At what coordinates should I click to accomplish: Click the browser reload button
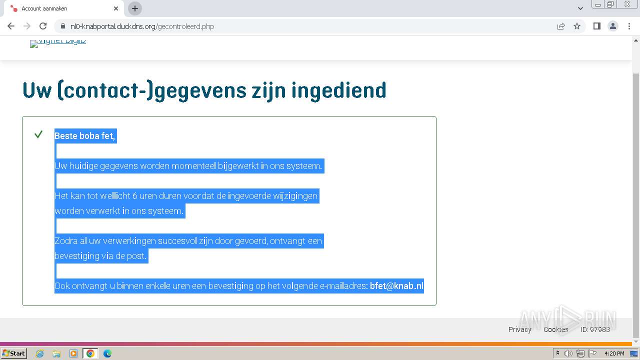coord(43,26)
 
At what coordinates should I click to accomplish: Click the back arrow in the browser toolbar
coord(11,26)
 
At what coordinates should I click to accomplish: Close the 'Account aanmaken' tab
coord(116,8)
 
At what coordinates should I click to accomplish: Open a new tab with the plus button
coord(135,8)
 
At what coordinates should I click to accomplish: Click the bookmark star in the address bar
coord(577,26)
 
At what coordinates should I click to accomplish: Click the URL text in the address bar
coord(142,26)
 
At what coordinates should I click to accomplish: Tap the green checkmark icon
coord(38,134)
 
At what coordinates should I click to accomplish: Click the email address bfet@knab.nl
coord(396,286)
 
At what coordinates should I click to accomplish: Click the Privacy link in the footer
coord(519,329)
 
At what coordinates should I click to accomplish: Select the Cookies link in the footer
coord(555,329)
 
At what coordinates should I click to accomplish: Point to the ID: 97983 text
coord(595,329)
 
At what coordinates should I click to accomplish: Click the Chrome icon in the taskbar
coord(90,353)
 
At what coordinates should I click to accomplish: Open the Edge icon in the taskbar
coord(107,353)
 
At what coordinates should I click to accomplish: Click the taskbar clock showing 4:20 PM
coord(614,353)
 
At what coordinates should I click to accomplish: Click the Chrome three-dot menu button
coord(628,26)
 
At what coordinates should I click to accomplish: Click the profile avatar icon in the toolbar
coord(612,26)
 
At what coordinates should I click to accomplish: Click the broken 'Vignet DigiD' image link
coord(58,42)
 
